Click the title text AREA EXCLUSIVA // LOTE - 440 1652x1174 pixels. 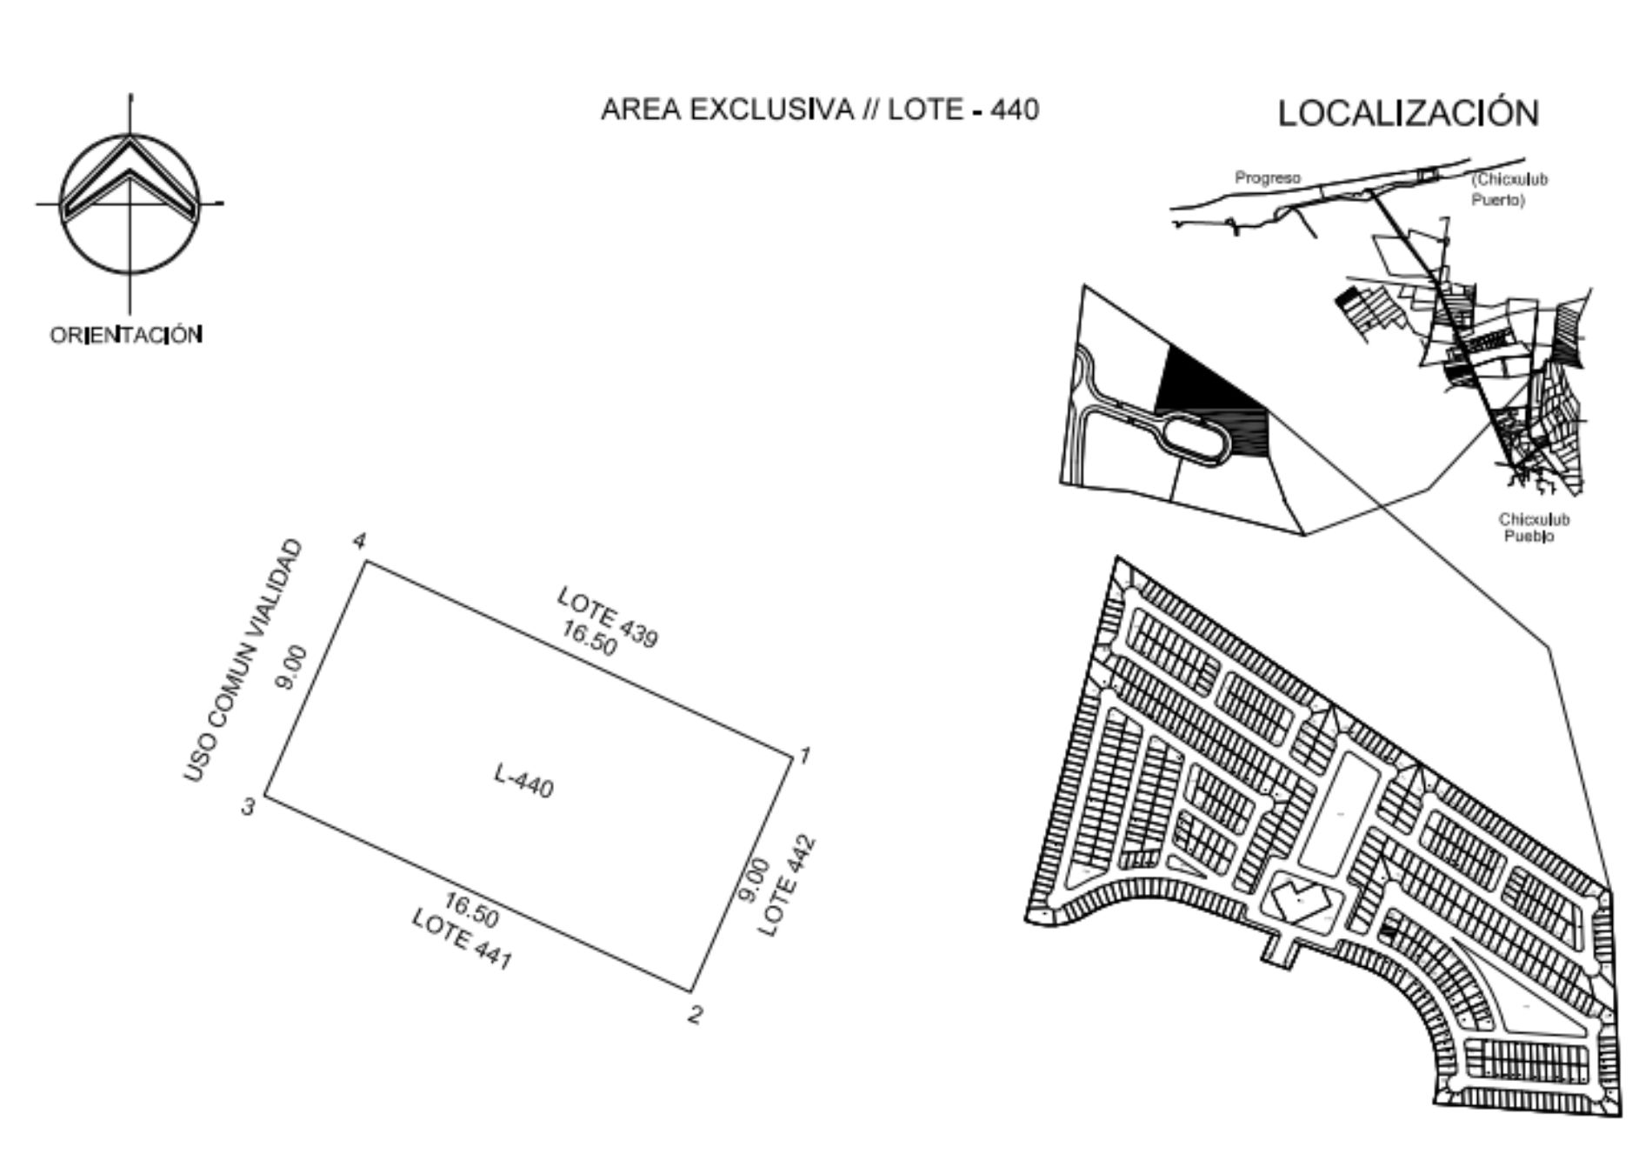[820, 110]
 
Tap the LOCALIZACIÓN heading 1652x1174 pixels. [1409, 113]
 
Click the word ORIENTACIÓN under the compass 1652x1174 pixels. [127, 335]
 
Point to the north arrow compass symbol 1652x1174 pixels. [130, 203]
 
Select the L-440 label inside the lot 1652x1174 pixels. [523, 780]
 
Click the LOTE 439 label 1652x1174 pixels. [608, 617]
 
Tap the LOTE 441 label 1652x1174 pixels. [462, 939]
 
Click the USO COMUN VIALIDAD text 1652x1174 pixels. [244, 660]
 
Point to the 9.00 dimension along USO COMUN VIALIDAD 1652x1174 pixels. [290, 667]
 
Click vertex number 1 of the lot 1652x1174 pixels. [804, 755]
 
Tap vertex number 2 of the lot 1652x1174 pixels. [695, 1014]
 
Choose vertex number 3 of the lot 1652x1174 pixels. [249, 808]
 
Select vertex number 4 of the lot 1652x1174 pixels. [359, 541]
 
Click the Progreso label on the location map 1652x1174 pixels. [1268, 178]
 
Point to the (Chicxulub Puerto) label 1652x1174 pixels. [1509, 190]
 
